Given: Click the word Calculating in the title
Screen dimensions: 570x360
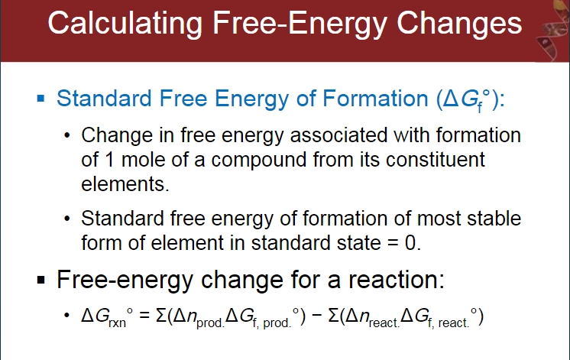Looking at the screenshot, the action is [x=125, y=24].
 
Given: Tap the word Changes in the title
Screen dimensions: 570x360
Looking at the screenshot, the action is [x=459, y=24].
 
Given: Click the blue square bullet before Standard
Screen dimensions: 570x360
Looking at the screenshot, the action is [x=40, y=98].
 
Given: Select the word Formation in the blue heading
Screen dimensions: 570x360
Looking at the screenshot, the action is [x=375, y=99].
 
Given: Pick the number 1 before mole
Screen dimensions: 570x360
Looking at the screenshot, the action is [x=109, y=160].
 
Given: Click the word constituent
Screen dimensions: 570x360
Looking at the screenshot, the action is [x=435, y=160].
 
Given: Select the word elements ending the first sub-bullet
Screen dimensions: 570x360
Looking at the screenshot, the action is [x=125, y=184].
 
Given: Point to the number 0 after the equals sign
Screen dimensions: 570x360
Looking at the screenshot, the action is [x=410, y=243].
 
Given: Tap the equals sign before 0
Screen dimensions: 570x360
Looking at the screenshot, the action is [x=393, y=243].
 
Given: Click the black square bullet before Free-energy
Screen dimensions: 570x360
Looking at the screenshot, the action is [x=40, y=280].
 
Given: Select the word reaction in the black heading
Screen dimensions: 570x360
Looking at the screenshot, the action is [x=396, y=280].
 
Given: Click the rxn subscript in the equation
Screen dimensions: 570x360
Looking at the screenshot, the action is [x=117, y=323].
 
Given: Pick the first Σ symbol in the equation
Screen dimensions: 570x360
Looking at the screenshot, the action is [x=161, y=315].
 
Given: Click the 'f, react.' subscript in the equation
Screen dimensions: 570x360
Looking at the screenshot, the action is [x=449, y=323].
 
